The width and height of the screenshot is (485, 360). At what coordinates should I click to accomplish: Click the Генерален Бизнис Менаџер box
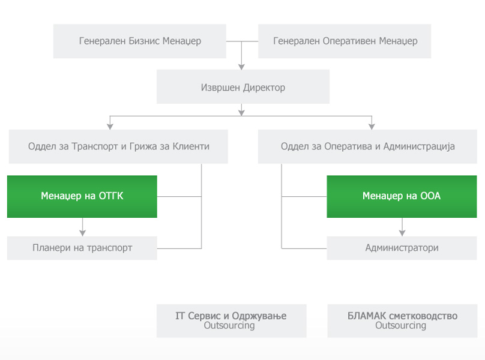139,41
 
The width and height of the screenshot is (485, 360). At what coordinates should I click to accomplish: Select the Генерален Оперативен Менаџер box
345,41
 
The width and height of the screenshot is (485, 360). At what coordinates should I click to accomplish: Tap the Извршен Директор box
243,86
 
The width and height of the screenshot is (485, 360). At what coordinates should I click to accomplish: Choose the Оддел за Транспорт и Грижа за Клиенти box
118,146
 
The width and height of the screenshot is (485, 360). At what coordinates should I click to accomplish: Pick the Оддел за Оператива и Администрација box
367,146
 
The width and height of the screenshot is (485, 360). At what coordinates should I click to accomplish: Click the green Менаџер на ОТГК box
82,196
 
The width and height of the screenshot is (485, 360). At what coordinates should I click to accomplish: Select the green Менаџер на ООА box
402,196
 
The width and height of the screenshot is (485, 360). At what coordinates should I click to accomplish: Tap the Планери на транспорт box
82,248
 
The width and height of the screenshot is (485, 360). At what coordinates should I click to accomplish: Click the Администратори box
402,248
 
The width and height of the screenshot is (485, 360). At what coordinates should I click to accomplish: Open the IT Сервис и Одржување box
231,321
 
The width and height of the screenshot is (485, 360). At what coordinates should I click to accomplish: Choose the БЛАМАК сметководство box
402,321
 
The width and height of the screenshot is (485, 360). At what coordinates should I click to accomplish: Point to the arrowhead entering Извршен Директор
241,67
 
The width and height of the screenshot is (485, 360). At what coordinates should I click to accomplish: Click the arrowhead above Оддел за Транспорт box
110,127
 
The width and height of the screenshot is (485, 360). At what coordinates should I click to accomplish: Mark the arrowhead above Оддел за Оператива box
372,127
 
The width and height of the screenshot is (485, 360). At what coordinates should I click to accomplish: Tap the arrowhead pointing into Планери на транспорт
82,233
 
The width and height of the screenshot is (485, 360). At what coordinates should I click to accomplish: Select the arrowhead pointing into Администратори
402,233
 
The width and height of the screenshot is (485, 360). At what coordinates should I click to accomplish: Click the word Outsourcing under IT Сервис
229,325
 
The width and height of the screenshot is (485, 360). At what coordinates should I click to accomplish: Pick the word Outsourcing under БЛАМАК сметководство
400,325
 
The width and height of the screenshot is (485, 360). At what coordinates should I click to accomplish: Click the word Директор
264,88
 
